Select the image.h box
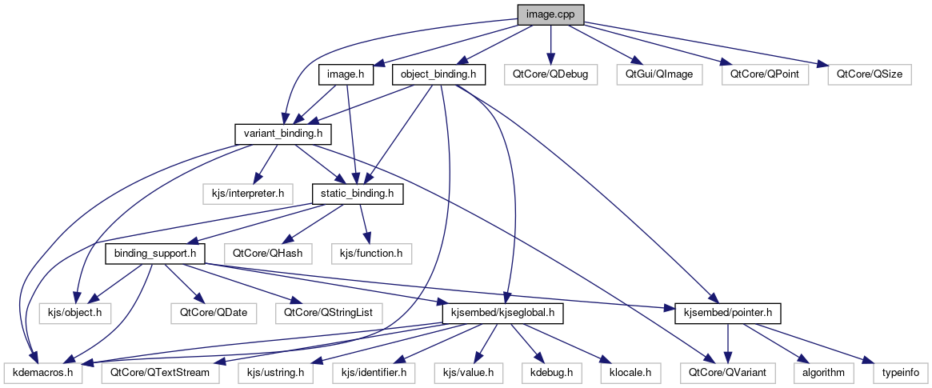click(346, 74)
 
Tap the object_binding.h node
click(439, 74)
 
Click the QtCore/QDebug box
click(550, 74)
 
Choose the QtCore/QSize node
click(870, 74)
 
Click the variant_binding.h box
click(283, 134)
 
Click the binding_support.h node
click(155, 254)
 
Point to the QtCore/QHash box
click(268, 254)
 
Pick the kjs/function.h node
click(371, 254)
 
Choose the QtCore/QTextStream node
click(160, 373)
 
